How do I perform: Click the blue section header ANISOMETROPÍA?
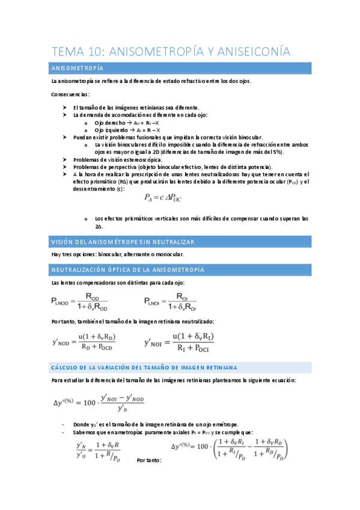pos(78,69)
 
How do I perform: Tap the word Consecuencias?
pos(70,94)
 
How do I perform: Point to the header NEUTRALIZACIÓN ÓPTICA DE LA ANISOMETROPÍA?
pos(127,269)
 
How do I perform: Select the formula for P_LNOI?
pos(170,301)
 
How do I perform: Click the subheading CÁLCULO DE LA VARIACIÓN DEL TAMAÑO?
pos(144,366)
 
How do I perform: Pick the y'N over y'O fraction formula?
pos(96,450)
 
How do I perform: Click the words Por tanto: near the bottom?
pos(149,460)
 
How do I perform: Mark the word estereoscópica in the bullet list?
pos(141,159)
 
